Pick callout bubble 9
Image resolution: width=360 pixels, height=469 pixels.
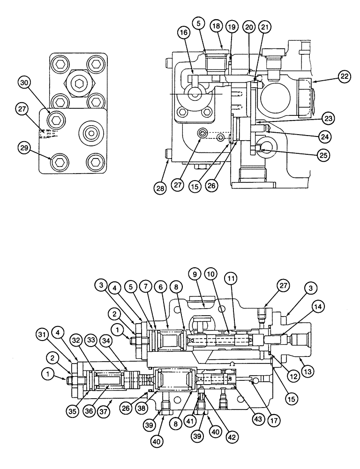(195, 272)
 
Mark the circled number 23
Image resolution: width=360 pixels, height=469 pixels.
(329, 119)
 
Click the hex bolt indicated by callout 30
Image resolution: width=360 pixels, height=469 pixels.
(56, 121)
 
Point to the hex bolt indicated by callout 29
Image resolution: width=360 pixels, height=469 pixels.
(58, 162)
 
